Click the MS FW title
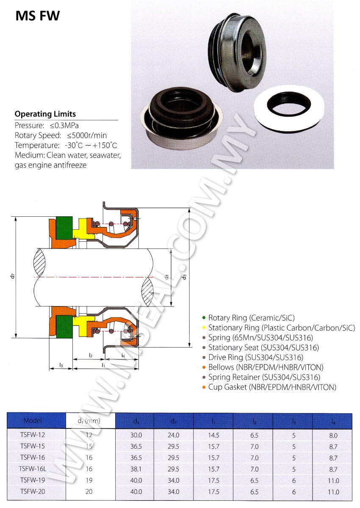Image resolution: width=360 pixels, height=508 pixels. pos(38,16)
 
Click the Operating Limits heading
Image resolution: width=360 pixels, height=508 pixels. pos(45,114)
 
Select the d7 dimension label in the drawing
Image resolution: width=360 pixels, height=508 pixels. pos(14,276)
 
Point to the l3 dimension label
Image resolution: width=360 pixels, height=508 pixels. pos(61,365)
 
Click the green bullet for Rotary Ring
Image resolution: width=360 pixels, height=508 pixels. pos(204,317)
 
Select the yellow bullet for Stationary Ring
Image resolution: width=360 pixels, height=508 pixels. pos(204,328)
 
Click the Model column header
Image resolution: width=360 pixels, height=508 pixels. pos(33,421)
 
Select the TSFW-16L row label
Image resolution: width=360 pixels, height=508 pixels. pos(33,469)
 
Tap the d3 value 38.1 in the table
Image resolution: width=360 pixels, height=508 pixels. pos(136,469)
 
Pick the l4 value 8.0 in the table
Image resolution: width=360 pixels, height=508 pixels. pos(333,435)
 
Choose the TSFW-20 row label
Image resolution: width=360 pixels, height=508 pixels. pos(33,492)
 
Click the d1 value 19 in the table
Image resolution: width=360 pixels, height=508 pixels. pos(89,480)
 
